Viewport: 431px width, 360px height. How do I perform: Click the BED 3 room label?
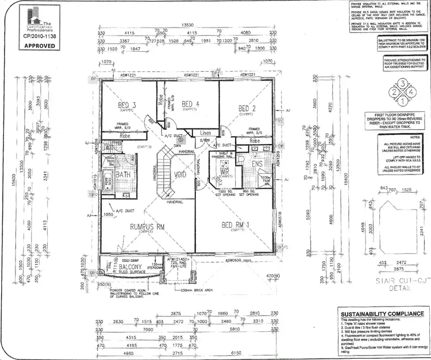coord(126,105)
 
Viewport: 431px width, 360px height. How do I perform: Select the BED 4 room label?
coord(190,104)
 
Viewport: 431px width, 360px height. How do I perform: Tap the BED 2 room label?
coord(247,108)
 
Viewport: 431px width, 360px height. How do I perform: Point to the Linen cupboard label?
coord(206,133)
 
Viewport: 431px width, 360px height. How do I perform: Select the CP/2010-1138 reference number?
coord(39,35)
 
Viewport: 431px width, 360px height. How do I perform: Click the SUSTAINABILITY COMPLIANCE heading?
coord(382,314)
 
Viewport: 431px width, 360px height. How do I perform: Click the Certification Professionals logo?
coord(39,17)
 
